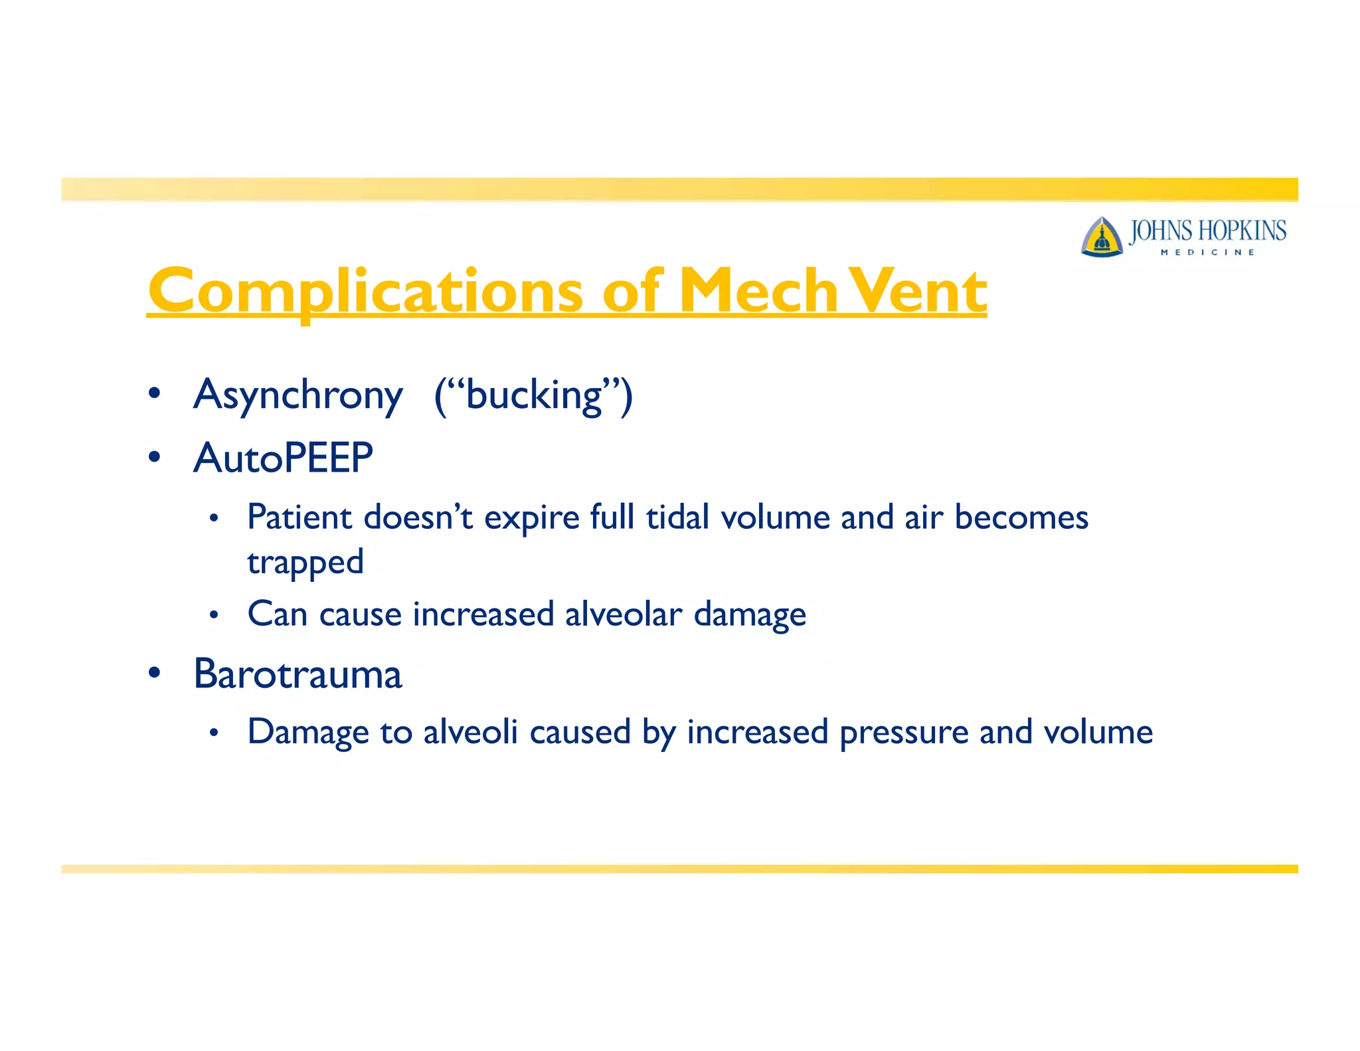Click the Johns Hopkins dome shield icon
1102,237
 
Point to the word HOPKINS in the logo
1242,231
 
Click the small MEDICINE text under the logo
1207,252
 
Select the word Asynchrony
298,395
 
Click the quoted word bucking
534,395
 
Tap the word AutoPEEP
284,458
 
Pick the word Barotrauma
298,674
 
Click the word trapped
305,563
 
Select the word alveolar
624,614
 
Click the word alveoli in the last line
470,732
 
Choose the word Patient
299,518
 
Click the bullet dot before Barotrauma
155,673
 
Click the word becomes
1021,518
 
